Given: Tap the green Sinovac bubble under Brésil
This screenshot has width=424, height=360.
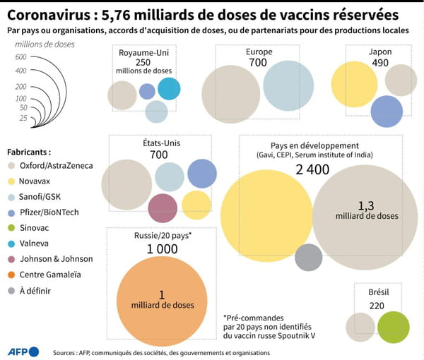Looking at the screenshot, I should (x=394, y=328).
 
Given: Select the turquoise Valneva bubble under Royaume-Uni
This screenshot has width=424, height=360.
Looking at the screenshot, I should (x=169, y=88).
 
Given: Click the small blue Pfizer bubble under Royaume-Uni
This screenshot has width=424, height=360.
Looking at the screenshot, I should (x=147, y=91).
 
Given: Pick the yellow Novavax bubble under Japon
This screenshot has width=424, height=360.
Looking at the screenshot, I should (x=354, y=84).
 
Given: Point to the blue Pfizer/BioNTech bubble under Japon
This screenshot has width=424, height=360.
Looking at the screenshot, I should (x=387, y=111).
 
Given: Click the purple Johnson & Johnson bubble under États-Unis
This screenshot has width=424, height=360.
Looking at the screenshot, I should (x=163, y=208).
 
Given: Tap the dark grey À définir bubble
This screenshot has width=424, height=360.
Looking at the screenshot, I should (x=309, y=257).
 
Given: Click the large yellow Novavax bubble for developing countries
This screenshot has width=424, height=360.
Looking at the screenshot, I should (x=267, y=216).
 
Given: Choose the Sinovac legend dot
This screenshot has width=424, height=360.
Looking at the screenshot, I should (x=11, y=227).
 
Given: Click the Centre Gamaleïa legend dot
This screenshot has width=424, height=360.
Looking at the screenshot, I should (x=11, y=274).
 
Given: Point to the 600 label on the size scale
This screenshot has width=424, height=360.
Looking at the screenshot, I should (x=20, y=57).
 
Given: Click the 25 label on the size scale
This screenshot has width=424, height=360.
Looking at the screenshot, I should (x=23, y=117).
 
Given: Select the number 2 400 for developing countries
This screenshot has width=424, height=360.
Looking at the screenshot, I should (x=313, y=169).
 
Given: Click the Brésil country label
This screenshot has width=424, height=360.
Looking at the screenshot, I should (x=378, y=292).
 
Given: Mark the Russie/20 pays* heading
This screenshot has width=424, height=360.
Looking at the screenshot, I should (x=162, y=236).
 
